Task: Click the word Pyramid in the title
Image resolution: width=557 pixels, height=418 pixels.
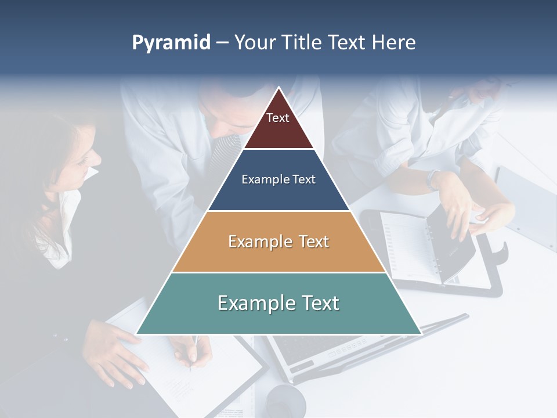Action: tap(171, 43)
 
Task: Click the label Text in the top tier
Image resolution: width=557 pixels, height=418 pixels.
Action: tap(277, 118)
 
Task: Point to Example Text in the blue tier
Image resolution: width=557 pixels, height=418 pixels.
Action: tap(278, 179)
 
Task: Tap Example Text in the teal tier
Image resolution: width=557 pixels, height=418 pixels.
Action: tap(278, 303)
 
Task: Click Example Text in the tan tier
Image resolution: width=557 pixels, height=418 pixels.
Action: tap(278, 242)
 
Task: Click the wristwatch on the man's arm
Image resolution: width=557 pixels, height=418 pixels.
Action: tap(433, 178)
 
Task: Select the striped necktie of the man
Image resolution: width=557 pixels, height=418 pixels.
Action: tap(223, 154)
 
